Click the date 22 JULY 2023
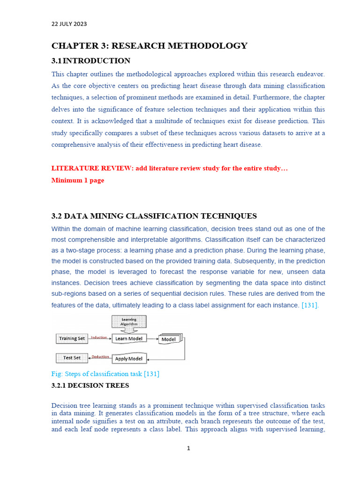click(x=69, y=24)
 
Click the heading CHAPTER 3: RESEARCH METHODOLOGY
click(x=149, y=46)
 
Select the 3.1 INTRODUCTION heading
click(x=90, y=61)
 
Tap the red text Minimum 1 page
click(x=77, y=180)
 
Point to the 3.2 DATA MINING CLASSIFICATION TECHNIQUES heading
click(x=154, y=216)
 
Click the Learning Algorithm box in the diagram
click(x=129, y=322)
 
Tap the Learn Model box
click(x=129, y=338)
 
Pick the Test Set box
click(x=72, y=358)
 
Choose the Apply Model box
click(x=129, y=359)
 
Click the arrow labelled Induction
click(x=99, y=338)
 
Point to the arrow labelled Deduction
click(x=99, y=358)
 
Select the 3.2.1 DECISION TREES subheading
click(x=90, y=386)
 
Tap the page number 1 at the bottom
click(x=188, y=448)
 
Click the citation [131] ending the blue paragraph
click(x=310, y=305)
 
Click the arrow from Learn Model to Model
click(x=152, y=338)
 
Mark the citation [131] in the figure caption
click(x=151, y=374)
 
